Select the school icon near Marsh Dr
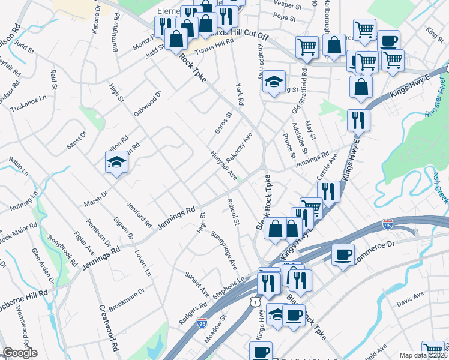click(117, 162)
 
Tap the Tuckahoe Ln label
click(30, 99)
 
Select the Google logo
click(20, 353)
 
